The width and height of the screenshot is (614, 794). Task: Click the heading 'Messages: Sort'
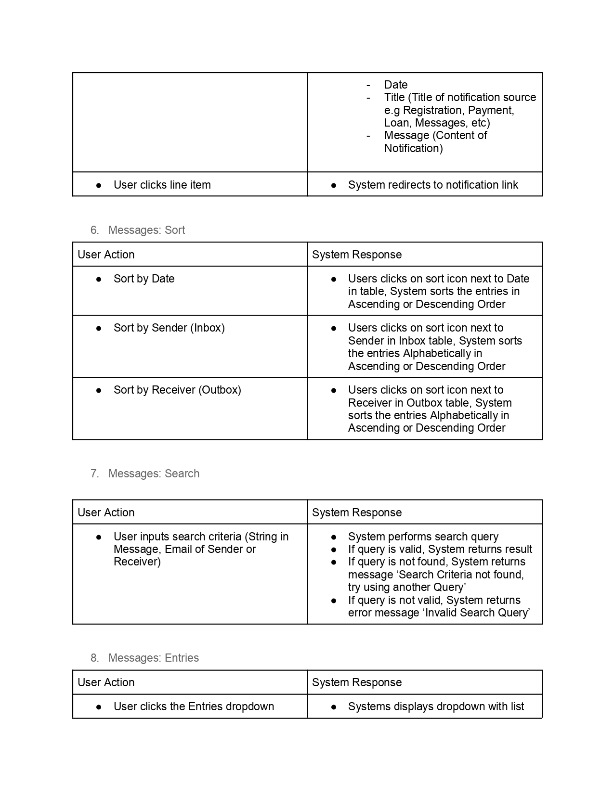[x=146, y=230]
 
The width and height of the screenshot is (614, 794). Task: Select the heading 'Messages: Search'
[x=154, y=474]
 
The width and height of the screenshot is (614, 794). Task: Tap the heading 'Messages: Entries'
[x=153, y=658]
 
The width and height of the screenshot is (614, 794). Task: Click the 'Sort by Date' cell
[x=144, y=279]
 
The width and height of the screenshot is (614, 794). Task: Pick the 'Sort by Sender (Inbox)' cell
[x=169, y=328]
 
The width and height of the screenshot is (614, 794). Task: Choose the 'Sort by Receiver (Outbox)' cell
[x=177, y=390]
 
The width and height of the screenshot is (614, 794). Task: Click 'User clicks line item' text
[x=162, y=185]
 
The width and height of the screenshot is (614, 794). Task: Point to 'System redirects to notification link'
[x=433, y=185]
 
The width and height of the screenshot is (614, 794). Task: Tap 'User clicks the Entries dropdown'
[x=194, y=706]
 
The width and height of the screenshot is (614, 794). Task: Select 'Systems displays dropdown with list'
[x=436, y=706]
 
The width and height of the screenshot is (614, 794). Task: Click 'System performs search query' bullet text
[x=423, y=537]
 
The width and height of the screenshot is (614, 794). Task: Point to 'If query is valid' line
[x=440, y=549]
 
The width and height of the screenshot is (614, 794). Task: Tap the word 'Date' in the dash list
[x=396, y=85]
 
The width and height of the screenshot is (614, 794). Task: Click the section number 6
[x=94, y=230]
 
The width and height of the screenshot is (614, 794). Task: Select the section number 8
[x=94, y=658]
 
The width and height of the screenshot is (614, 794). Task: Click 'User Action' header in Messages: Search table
[x=106, y=512]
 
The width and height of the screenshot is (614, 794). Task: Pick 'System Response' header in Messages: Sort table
[x=356, y=255]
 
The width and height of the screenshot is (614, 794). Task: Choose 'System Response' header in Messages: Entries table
[x=356, y=682]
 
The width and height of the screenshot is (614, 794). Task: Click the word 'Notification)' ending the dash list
[x=413, y=148]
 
